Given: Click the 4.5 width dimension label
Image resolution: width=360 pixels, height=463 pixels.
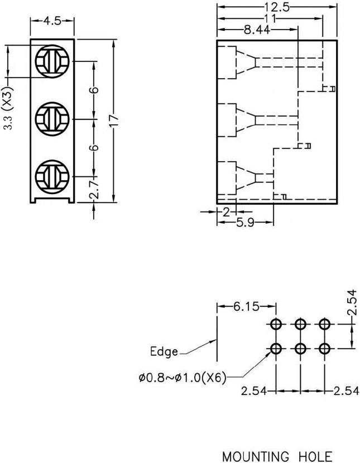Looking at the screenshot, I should [x=52, y=21].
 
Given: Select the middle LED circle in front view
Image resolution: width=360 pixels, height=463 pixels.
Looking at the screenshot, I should [x=51, y=118].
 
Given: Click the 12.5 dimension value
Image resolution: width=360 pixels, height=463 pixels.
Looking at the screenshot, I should [x=277, y=7].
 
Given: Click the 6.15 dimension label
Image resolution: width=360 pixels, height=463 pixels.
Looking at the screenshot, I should [x=246, y=307].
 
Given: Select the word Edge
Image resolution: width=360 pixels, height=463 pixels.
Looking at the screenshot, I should [x=164, y=352].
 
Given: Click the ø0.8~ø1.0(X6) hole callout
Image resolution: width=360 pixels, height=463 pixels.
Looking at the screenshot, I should [x=183, y=378].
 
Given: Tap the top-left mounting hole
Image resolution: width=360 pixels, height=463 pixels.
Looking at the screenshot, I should [x=276, y=324].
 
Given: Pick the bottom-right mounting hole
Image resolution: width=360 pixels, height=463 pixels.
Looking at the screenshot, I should [x=324, y=349].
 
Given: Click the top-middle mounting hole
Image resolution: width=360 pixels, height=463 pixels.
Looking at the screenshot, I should [x=300, y=324].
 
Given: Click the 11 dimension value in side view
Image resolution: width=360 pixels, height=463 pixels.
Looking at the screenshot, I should [x=271, y=18].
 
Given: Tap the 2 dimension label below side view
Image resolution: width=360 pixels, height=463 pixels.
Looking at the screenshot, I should [x=226, y=212].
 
